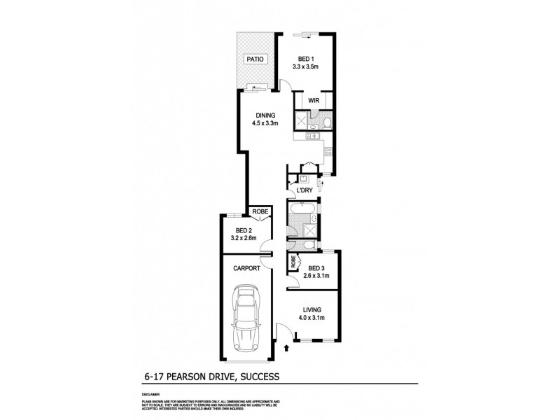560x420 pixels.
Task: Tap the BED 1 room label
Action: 305,59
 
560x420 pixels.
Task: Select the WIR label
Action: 314,101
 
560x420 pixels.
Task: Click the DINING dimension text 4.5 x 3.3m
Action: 265,124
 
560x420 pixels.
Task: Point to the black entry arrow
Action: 286,346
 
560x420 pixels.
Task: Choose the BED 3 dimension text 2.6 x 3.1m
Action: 316,276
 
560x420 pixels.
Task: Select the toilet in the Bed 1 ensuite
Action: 327,123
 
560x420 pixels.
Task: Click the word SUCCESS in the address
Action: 258,377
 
